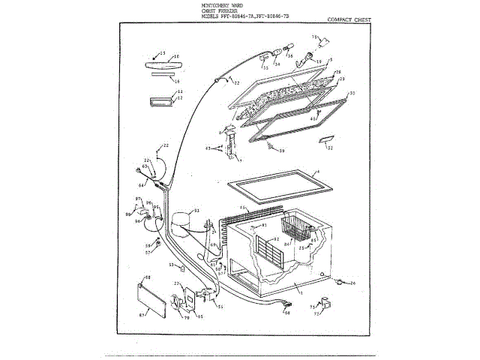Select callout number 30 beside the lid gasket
[352, 93]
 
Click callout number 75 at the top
[314, 36]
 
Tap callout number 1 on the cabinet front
[301, 286]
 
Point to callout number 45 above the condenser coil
[242, 207]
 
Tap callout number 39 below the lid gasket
[282, 151]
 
